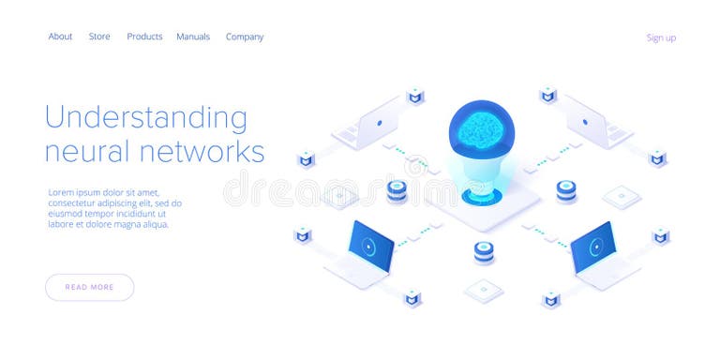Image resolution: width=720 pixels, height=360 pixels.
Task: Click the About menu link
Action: pyautogui.click(x=60, y=37)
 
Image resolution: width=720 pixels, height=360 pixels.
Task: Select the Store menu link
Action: pyautogui.click(x=99, y=37)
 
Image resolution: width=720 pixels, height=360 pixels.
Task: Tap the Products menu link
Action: pyautogui.click(x=144, y=37)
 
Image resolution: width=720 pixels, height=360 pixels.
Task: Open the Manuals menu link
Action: pyautogui.click(x=193, y=37)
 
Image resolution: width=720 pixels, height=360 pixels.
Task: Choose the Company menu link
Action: pyautogui.click(x=245, y=37)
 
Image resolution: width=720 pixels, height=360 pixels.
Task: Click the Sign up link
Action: pyautogui.click(x=661, y=37)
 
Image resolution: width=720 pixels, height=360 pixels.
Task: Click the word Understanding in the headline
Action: pyautogui.click(x=146, y=118)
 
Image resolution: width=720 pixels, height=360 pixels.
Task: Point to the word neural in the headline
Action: pyautogui.click(x=90, y=151)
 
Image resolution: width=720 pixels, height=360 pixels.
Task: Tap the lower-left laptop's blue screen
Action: pyautogui.click(x=371, y=245)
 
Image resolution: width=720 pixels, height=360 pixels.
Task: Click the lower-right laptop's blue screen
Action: pyautogui.click(x=593, y=245)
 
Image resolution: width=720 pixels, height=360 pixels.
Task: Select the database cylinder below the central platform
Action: pyautogui.click(x=484, y=252)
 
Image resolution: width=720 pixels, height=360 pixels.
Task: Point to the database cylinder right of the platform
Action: pyautogui.click(x=566, y=191)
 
